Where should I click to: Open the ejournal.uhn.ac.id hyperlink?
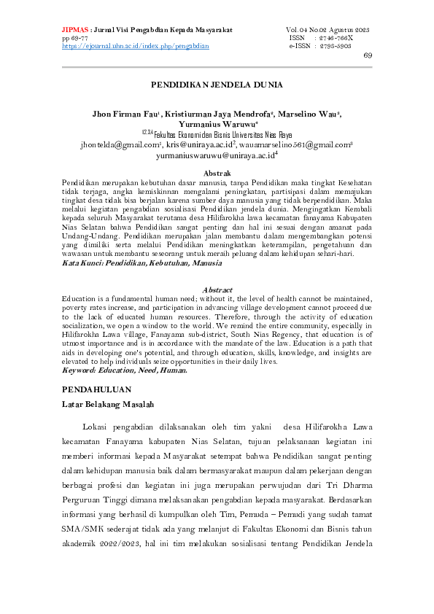click(x=136, y=45)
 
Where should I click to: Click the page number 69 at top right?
click(x=367, y=55)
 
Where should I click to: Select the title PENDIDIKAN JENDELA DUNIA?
click(x=217, y=85)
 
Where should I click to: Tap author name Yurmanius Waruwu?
click(x=217, y=124)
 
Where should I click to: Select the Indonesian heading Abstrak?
click(x=216, y=172)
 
